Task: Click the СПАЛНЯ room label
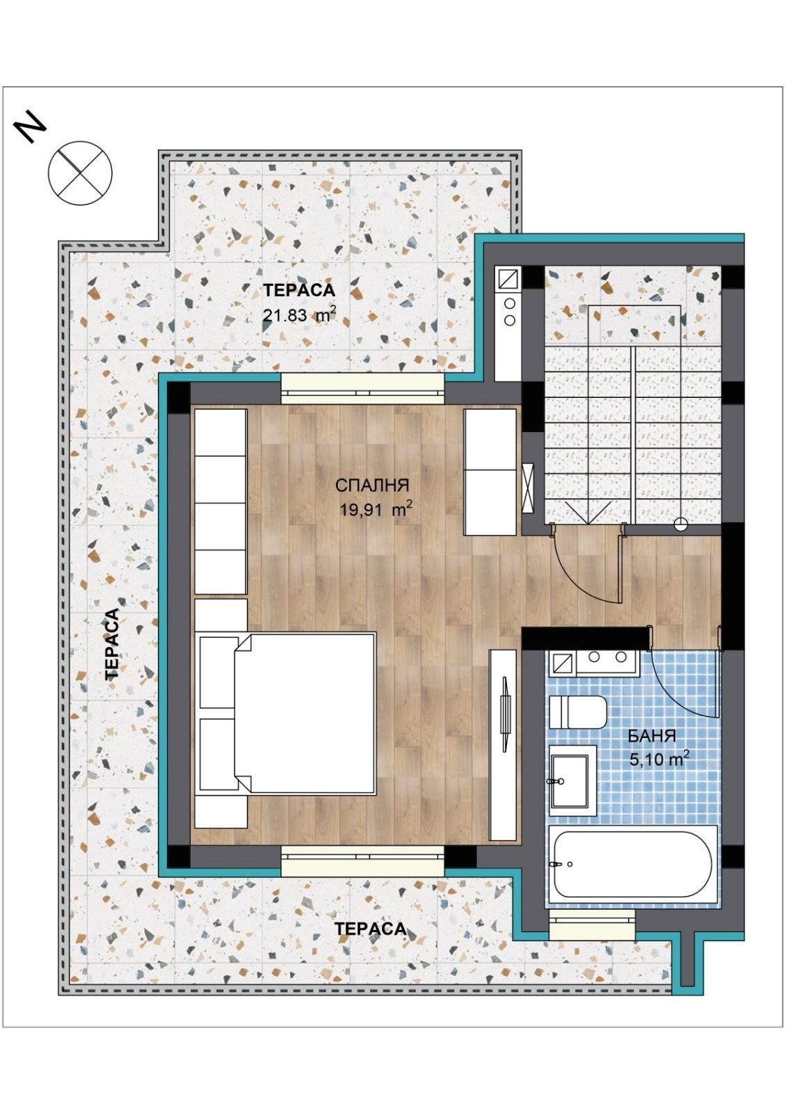[371, 486]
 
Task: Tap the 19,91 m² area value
[376, 509]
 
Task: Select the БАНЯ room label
[652, 736]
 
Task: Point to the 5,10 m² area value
[659, 759]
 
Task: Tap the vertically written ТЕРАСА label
[113, 643]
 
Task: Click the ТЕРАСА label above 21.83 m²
[299, 291]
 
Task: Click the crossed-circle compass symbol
[80, 173]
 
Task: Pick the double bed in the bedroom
[287, 712]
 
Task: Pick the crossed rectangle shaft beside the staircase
[529, 488]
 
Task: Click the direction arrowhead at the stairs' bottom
[588, 512]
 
